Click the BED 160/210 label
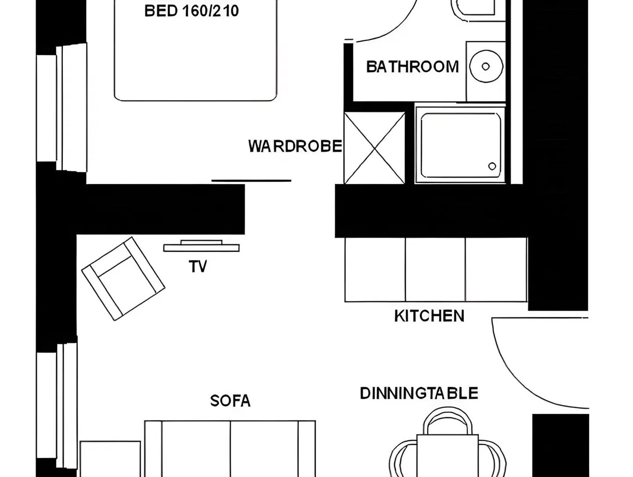click(x=191, y=11)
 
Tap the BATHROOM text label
click(x=412, y=66)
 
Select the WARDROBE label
click(x=295, y=146)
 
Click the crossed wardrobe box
click(x=375, y=148)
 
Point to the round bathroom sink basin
click(x=486, y=66)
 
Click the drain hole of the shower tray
click(x=492, y=166)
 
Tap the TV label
click(x=198, y=266)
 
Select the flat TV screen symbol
click(x=201, y=246)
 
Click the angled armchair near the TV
click(x=124, y=279)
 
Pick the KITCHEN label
click(x=429, y=316)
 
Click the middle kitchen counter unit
click(x=435, y=269)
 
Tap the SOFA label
click(x=230, y=400)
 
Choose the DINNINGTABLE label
click(x=419, y=393)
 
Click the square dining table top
click(x=447, y=455)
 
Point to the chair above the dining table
click(x=447, y=421)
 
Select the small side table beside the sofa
click(x=110, y=459)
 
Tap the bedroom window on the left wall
click(x=62, y=108)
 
